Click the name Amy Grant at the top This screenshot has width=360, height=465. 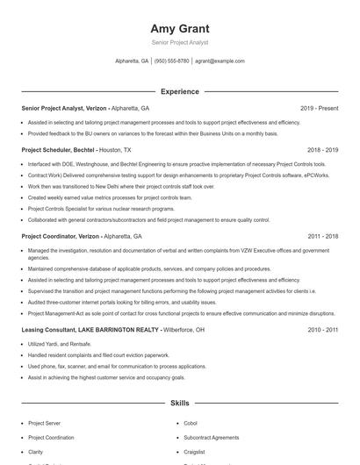click(180, 28)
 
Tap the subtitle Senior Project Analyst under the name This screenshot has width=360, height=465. click(180, 42)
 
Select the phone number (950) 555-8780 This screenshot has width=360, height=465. click(172, 61)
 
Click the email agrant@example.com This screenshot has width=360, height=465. click(220, 61)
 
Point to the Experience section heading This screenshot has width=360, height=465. click(180, 91)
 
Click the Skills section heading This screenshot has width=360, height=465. click(180, 403)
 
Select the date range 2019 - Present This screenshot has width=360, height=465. click(319, 109)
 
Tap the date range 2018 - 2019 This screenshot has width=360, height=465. click(322, 150)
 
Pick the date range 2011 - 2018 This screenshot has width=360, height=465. click(322, 236)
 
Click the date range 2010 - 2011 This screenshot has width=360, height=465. click(322, 330)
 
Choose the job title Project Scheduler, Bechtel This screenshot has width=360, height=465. click(58, 150)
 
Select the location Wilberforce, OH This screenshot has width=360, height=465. click(184, 330)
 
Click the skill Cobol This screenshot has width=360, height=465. click(191, 423)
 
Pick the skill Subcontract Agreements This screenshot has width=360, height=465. click(211, 437)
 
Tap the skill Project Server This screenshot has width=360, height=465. click(44, 423)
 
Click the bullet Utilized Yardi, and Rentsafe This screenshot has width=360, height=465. click(60, 344)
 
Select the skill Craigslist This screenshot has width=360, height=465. click(195, 451)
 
